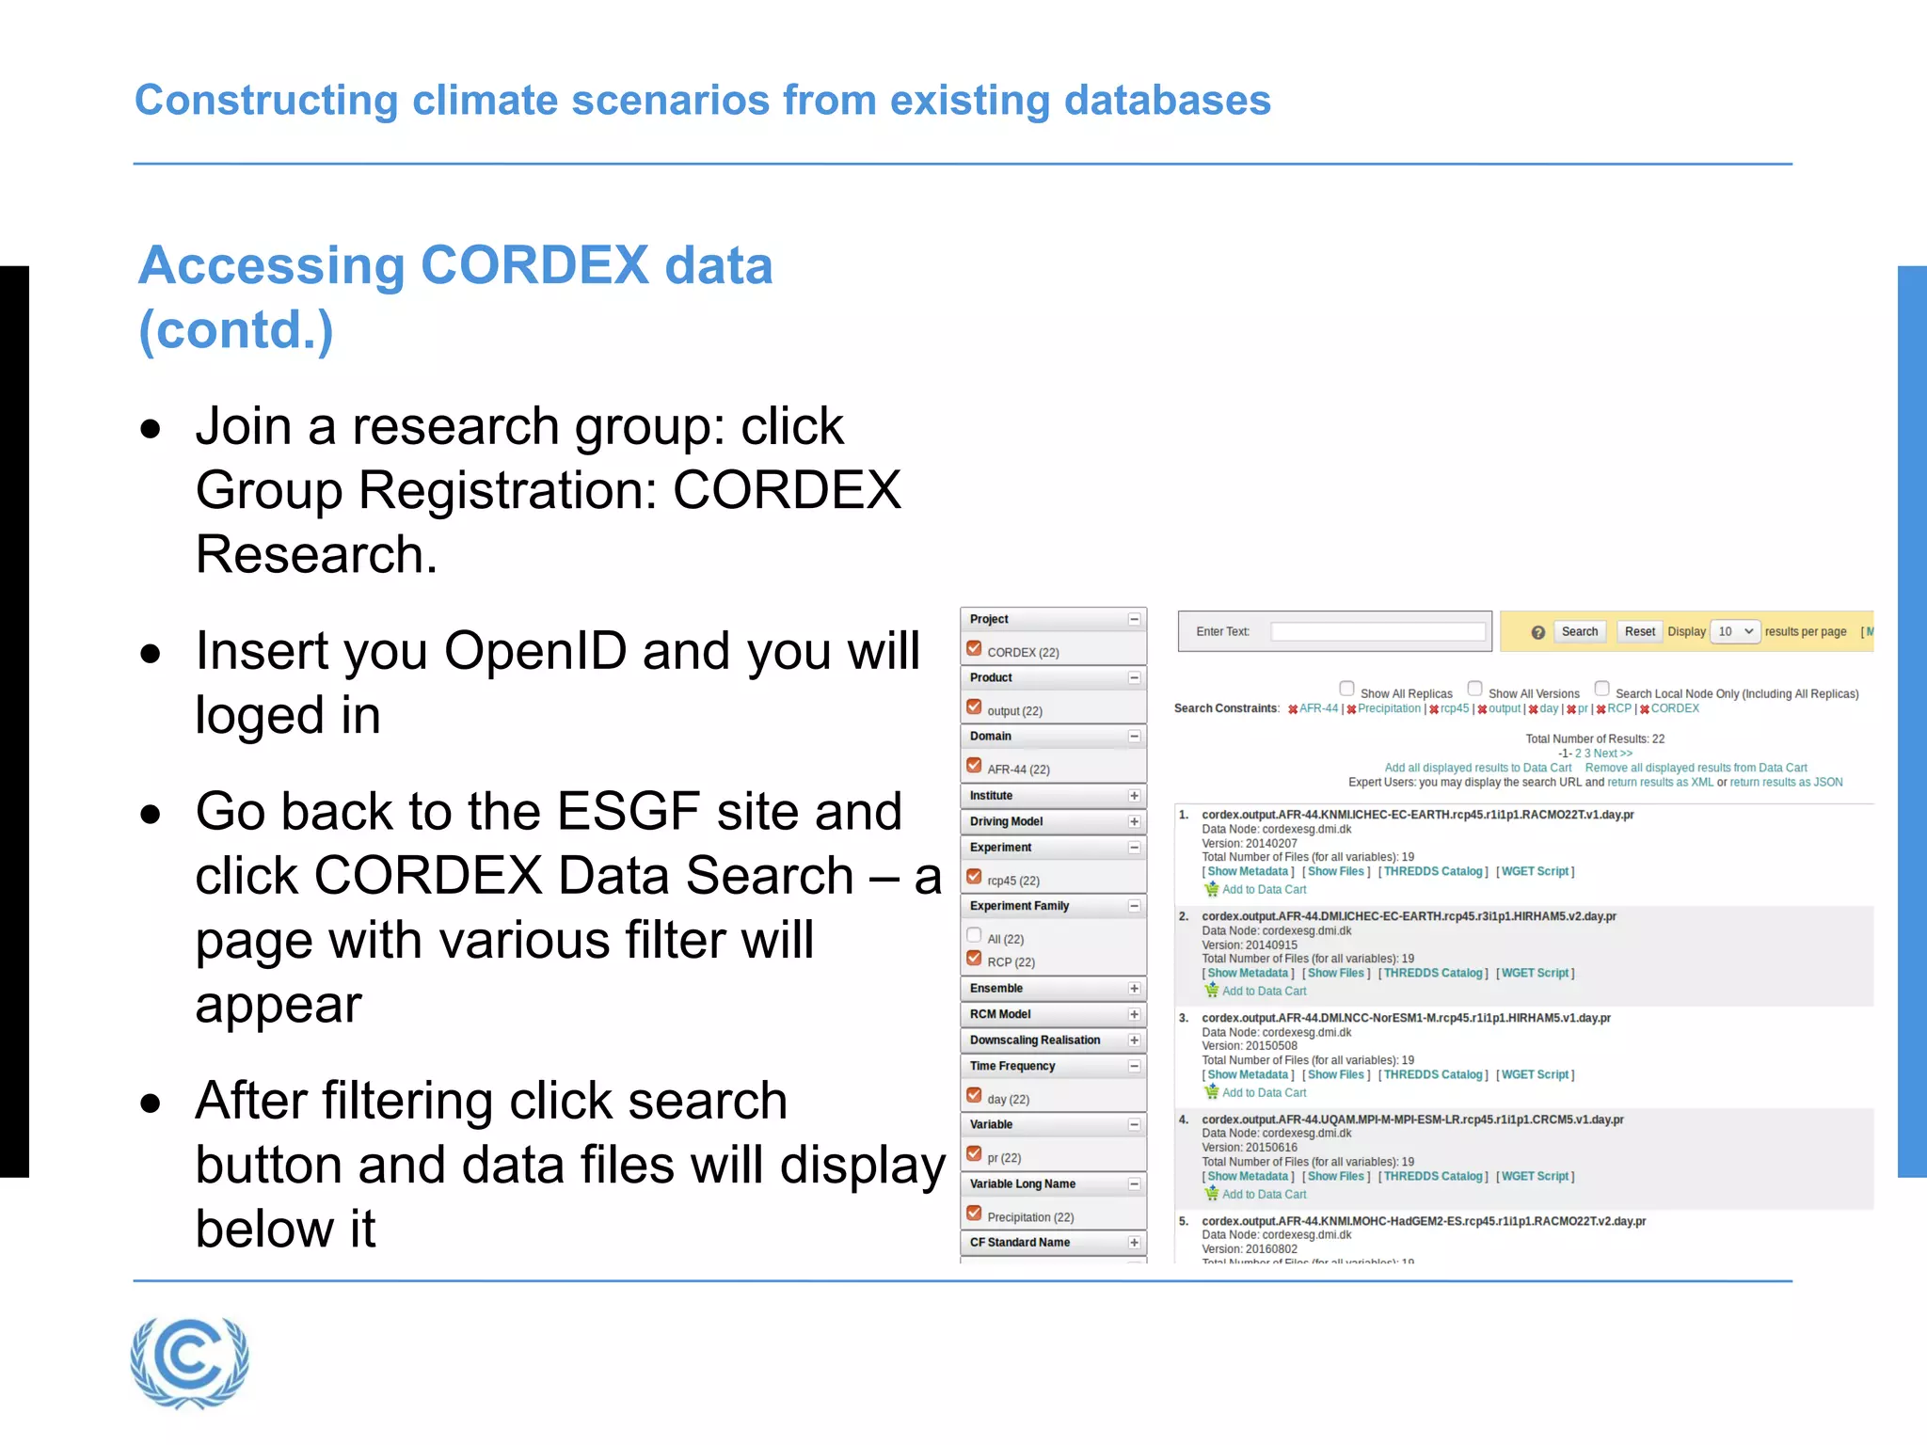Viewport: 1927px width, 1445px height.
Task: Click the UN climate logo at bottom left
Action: pyautogui.click(x=189, y=1361)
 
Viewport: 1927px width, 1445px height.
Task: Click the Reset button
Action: pyautogui.click(x=1639, y=631)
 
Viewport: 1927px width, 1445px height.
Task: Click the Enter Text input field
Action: pyautogui.click(x=1378, y=631)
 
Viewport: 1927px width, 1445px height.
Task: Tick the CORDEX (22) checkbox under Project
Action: pyautogui.click(x=975, y=649)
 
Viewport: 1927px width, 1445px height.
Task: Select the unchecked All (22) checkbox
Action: pyautogui.click(x=975, y=935)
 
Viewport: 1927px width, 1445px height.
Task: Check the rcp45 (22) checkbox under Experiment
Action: pyautogui.click(x=975, y=877)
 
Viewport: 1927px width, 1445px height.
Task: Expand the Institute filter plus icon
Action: pyautogui.click(x=1135, y=796)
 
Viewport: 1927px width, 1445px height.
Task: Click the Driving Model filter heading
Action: pyautogui.click(x=1006, y=821)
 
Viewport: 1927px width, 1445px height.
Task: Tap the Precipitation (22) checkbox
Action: pyautogui.click(x=975, y=1214)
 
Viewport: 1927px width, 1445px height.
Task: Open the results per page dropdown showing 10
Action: pyautogui.click(x=1735, y=631)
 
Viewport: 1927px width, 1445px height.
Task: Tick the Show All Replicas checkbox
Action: pyautogui.click(x=1347, y=689)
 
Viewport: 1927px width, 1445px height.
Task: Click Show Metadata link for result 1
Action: pyautogui.click(x=1248, y=872)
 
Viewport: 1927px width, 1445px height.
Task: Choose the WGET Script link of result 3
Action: pyautogui.click(x=1535, y=1075)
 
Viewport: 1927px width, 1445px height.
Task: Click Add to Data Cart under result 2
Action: pyautogui.click(x=1264, y=992)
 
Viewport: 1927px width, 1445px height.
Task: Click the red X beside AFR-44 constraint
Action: pyautogui.click(x=1293, y=709)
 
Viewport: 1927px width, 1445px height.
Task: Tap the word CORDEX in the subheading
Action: pyautogui.click(x=534, y=266)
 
